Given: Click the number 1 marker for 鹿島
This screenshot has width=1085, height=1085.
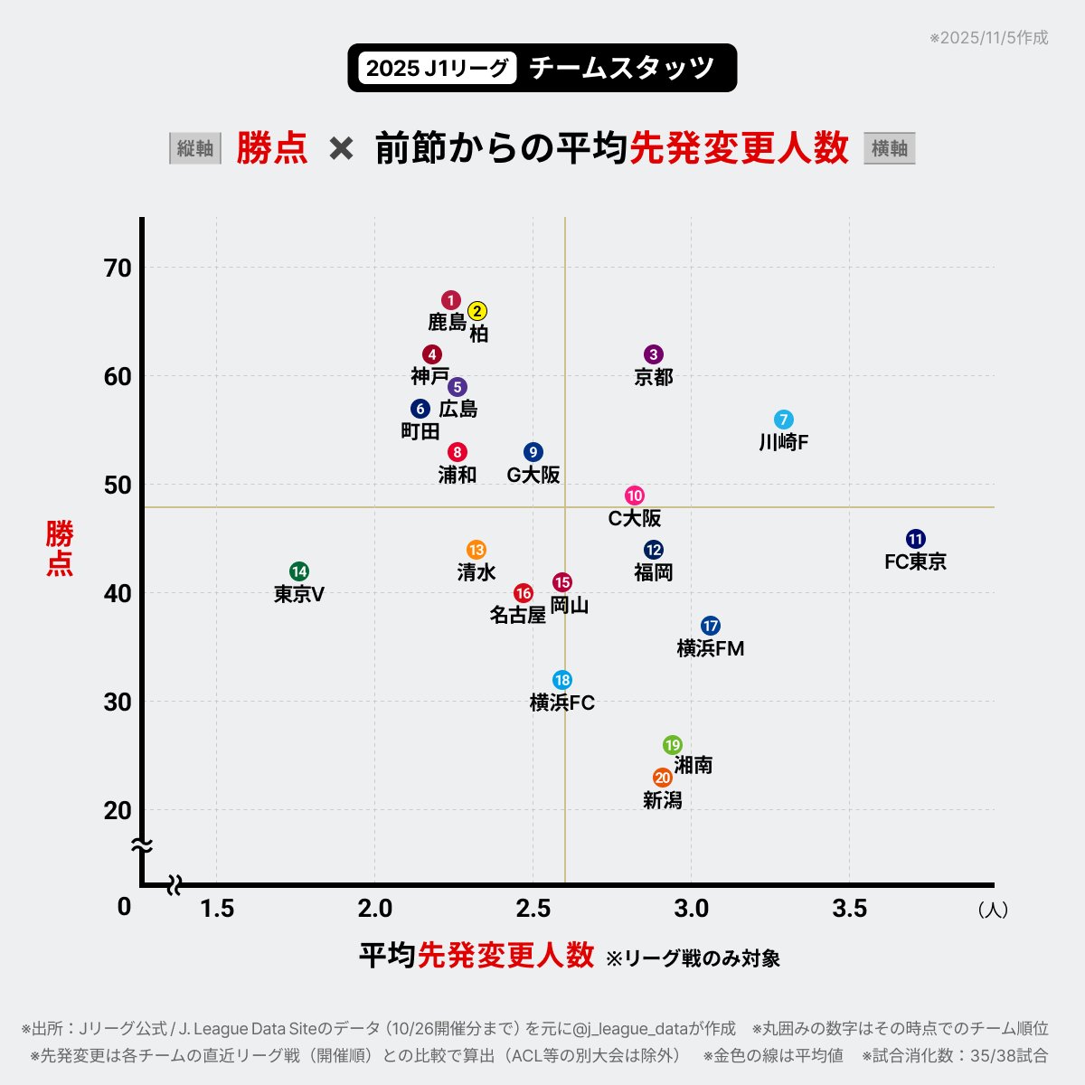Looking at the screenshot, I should coord(451,300).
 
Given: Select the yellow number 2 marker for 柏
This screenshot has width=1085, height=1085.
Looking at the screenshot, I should coord(478,311).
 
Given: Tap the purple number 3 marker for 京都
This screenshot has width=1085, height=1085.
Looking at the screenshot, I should coord(654,354).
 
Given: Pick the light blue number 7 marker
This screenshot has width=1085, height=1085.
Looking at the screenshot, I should coord(784,420).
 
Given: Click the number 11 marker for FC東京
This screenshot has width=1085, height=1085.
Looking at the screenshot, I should coord(916,539).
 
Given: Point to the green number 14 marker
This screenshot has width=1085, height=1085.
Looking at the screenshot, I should coord(299,571).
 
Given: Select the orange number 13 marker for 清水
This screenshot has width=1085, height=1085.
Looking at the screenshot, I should coord(476,550).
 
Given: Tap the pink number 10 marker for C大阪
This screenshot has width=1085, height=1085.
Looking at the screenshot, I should coord(635,495).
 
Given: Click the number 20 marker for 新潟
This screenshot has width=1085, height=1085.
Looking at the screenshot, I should coord(663,778).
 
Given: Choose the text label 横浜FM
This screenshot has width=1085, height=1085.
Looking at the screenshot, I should coord(711,648).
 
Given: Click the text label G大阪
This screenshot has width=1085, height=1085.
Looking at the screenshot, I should coord(533,475).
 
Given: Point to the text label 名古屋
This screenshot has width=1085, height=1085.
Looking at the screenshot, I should coord(518,615).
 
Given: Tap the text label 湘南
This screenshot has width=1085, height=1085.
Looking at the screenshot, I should coord(693,765).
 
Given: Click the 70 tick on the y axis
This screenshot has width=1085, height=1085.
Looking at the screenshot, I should coord(118,268).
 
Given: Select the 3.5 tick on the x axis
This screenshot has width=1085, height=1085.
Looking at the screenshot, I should coord(849,908).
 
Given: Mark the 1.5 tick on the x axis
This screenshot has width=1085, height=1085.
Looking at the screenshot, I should coord(217,908).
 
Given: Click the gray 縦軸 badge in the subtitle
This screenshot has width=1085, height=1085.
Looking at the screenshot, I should coord(195,148).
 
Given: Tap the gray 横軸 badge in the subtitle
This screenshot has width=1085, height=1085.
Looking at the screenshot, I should coord(890,148).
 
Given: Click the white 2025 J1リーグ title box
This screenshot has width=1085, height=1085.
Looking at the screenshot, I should coord(438,68).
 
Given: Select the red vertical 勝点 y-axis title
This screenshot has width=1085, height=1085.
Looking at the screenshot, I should coord(60,548).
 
